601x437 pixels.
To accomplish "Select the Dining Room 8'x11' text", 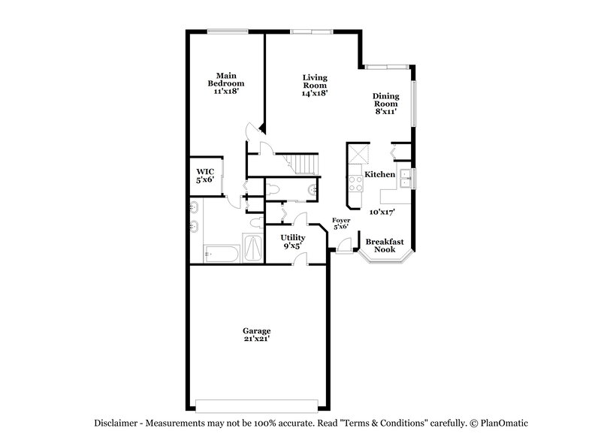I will click(386, 104).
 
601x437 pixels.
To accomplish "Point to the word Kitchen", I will click(379, 175).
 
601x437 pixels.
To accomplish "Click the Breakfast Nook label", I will click(385, 245).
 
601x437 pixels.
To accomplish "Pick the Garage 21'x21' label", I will click(256, 335).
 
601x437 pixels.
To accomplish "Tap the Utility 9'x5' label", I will click(294, 241).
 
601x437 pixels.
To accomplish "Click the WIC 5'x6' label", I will click(205, 176).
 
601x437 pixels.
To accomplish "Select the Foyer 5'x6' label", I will click(342, 223).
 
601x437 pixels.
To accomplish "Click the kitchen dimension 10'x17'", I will click(382, 212).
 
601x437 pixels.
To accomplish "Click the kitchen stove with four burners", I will click(355, 183).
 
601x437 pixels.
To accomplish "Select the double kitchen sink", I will click(405, 178).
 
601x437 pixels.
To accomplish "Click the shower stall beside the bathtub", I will click(252, 249).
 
